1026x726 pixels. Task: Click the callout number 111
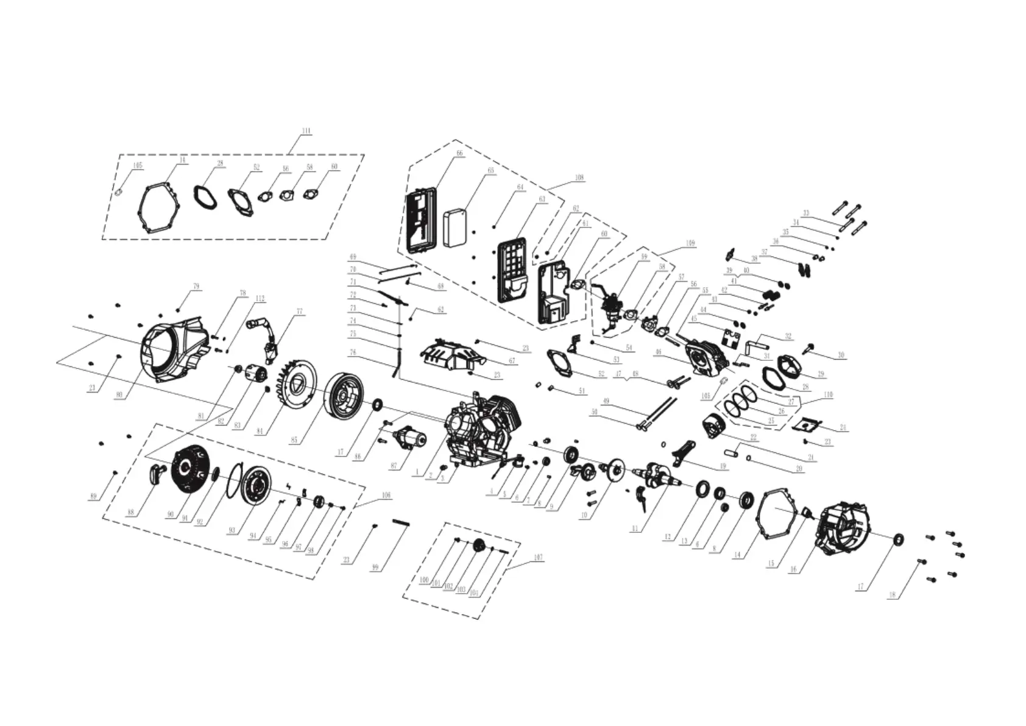(x=306, y=131)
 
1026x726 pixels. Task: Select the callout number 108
(x=579, y=178)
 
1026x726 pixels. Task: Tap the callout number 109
(x=690, y=243)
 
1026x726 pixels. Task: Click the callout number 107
(x=538, y=557)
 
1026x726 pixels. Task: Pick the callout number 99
(x=375, y=568)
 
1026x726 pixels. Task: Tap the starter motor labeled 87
(x=409, y=438)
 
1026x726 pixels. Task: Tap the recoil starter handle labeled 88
(x=157, y=472)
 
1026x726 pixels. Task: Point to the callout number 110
(x=827, y=395)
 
